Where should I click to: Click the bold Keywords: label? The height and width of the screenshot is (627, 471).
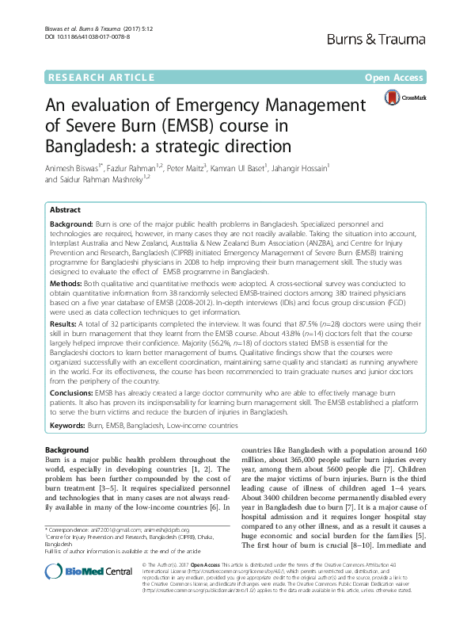click(68, 426)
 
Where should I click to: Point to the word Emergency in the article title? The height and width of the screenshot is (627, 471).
click(245, 106)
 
